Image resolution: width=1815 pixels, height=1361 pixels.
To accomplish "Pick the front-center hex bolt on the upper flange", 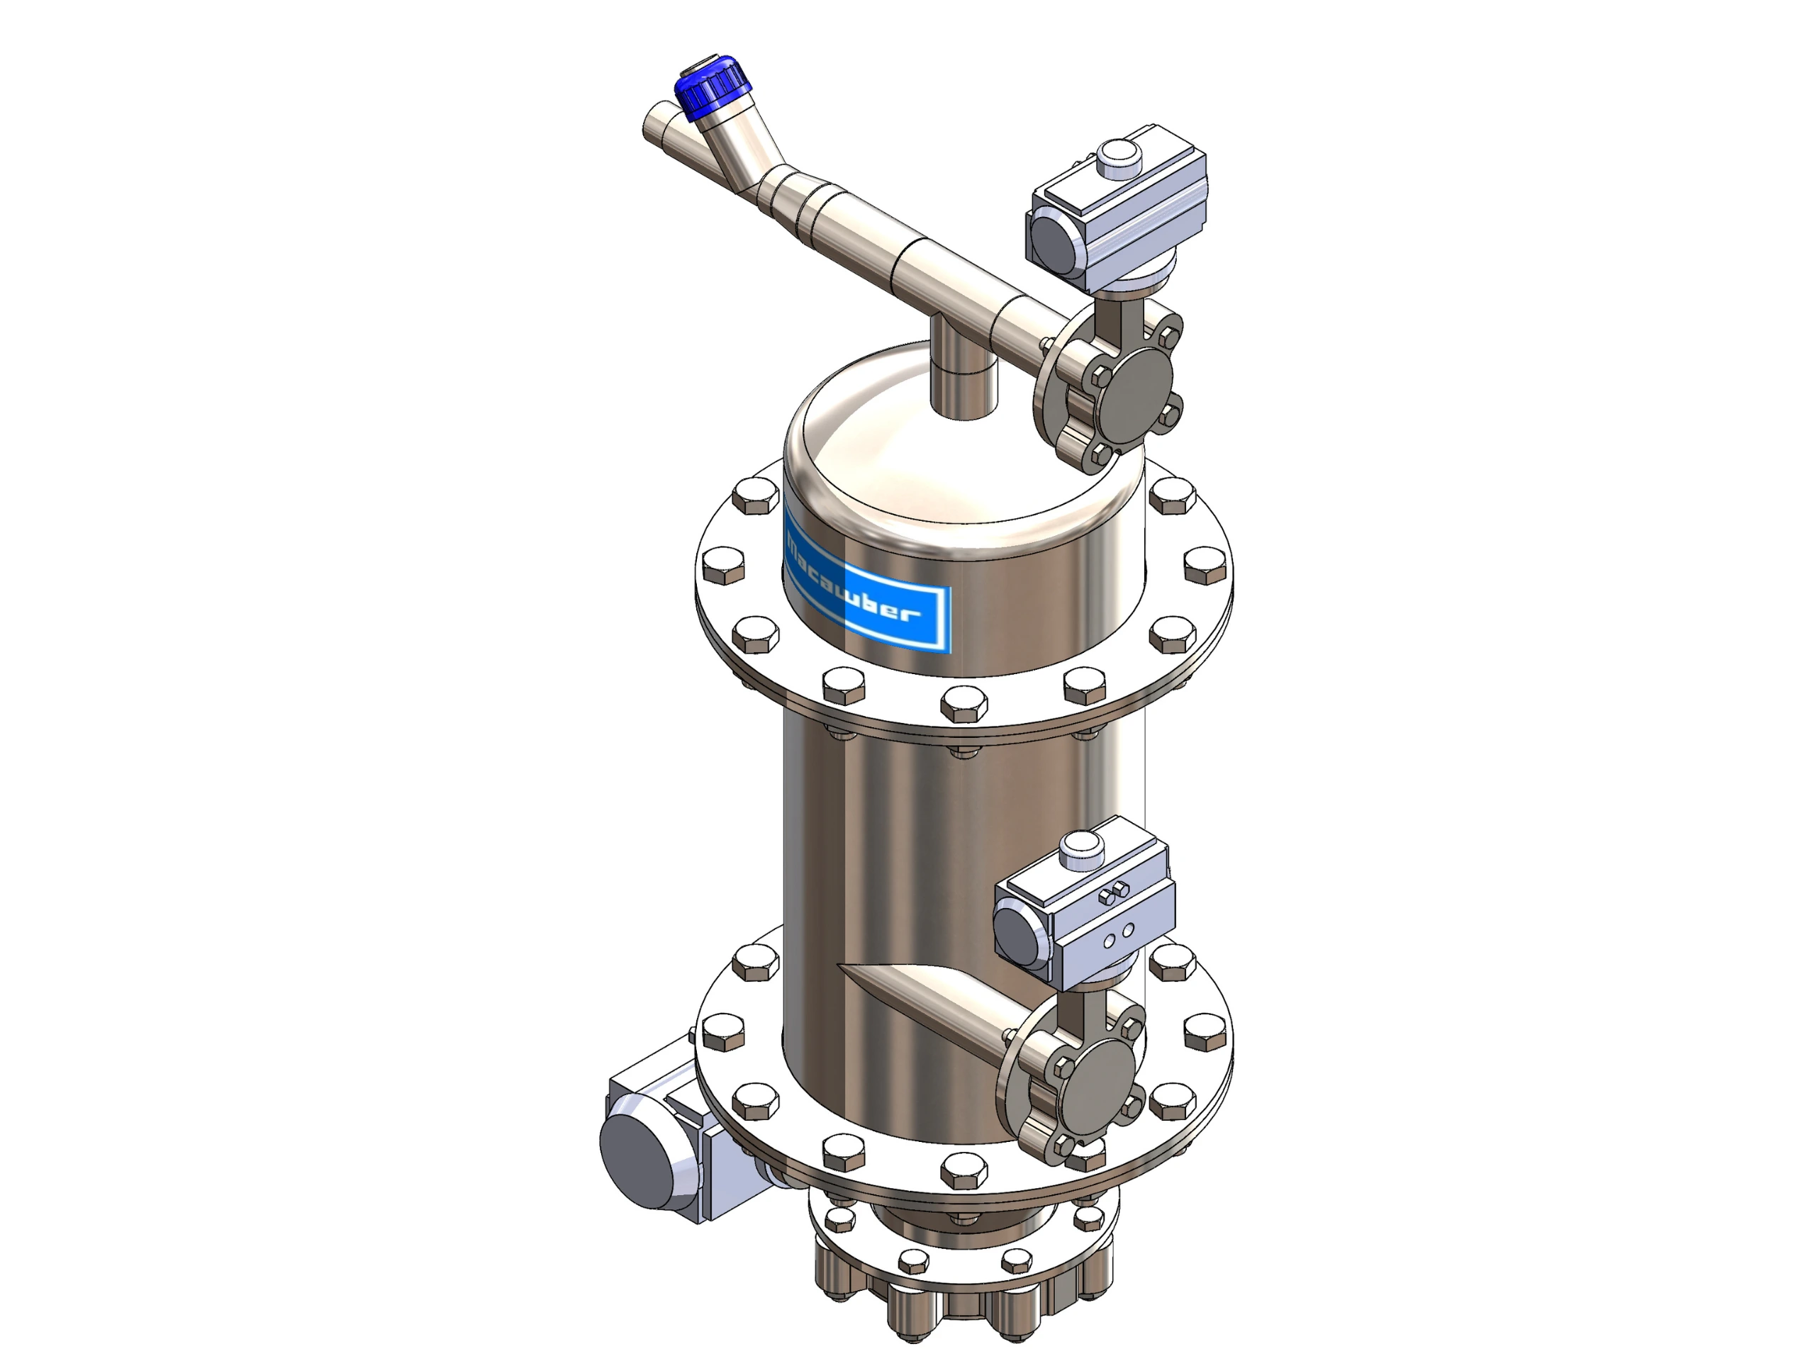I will [964, 703].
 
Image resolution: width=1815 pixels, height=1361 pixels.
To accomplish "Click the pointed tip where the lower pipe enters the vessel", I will [845, 969].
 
